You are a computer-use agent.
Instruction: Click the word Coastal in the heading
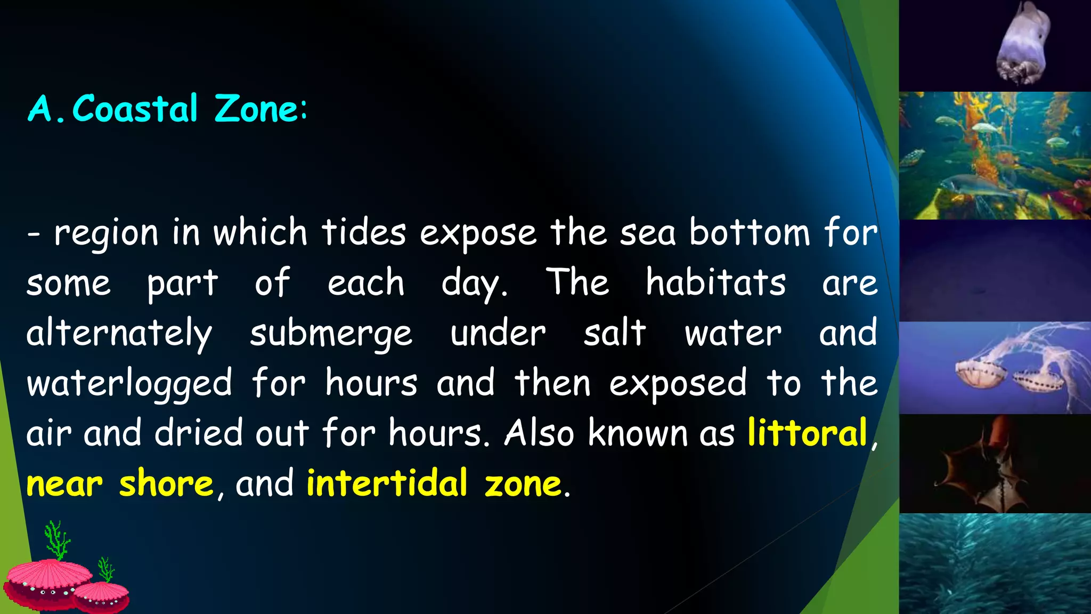click(135, 109)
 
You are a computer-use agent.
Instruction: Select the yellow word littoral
click(807, 433)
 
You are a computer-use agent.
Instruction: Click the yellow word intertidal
click(387, 483)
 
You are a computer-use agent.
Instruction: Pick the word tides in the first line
click(364, 233)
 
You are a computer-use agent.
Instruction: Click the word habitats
click(715, 282)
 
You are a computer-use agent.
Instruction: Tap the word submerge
click(331, 334)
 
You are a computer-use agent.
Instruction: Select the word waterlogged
click(129, 384)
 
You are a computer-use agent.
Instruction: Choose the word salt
click(615, 333)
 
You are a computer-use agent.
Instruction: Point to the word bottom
click(750, 233)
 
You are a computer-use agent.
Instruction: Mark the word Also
click(539, 433)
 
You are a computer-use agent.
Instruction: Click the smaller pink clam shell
click(102, 596)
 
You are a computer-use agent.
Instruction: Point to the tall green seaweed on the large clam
click(56, 539)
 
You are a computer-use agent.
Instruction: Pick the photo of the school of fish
click(995, 563)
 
